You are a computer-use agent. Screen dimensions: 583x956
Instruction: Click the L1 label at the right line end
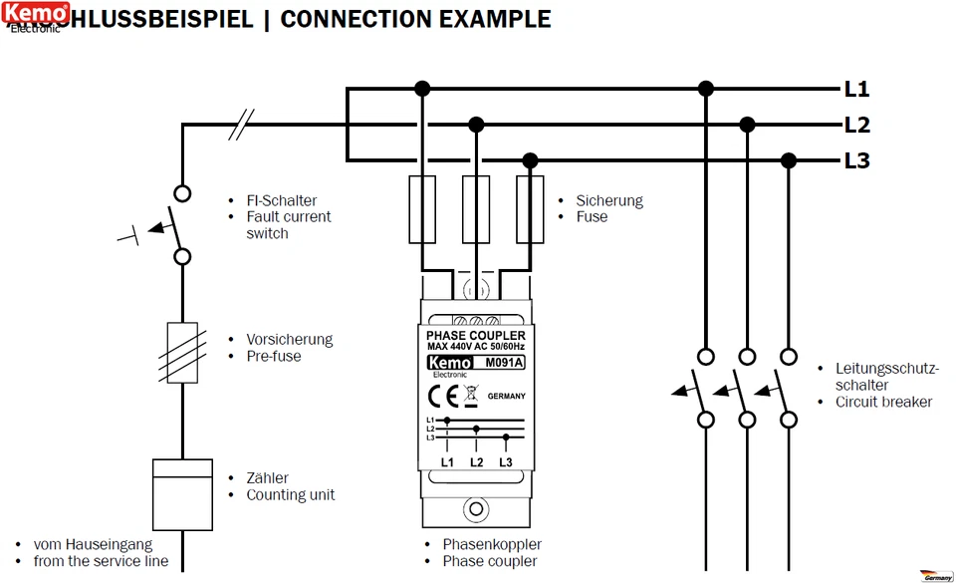pos(856,90)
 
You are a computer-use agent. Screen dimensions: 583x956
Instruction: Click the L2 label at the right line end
pos(856,126)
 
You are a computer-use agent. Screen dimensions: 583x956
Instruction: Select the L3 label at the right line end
pos(856,160)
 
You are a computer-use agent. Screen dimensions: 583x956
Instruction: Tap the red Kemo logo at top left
pos(36,13)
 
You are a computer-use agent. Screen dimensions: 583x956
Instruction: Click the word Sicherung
pos(609,200)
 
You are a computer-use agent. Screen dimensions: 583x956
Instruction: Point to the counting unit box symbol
pos(182,494)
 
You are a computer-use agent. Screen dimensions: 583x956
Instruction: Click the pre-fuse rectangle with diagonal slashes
pos(182,352)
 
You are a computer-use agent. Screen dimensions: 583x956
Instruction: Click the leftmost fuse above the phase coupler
pos(422,209)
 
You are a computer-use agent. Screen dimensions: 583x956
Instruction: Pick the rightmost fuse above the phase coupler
pos(530,209)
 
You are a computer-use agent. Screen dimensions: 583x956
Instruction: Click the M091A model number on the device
pos(503,363)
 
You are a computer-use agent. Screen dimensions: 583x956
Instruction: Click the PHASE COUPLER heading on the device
pos(475,336)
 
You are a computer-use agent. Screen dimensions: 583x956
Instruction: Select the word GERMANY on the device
pos(507,396)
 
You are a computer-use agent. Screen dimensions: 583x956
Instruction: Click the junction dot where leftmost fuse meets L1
pos(422,89)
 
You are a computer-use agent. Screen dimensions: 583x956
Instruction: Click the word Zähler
pos(268,477)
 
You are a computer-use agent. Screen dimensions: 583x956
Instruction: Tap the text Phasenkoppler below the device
pos(492,544)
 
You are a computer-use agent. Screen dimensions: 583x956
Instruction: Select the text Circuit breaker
pos(884,402)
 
